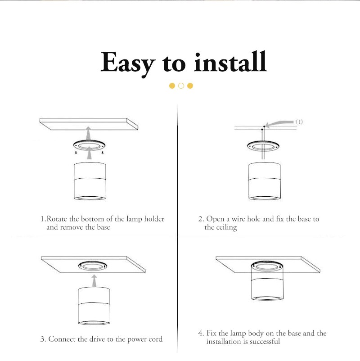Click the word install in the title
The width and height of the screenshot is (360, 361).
(x=230, y=62)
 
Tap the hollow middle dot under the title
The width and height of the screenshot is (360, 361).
(x=181, y=86)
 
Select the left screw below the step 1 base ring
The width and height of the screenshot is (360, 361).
(x=76, y=153)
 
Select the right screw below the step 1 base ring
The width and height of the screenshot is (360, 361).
(x=103, y=153)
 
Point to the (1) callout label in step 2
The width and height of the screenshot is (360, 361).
(x=299, y=122)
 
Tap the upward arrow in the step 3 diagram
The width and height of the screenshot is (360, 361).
(x=94, y=280)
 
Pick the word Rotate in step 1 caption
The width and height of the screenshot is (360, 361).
(x=57, y=218)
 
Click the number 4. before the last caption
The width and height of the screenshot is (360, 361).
(x=201, y=333)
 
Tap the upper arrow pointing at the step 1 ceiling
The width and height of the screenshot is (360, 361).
(x=88, y=134)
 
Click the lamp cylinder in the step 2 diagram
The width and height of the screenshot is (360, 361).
(x=265, y=181)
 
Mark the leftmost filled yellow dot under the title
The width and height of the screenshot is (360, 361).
(x=172, y=86)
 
